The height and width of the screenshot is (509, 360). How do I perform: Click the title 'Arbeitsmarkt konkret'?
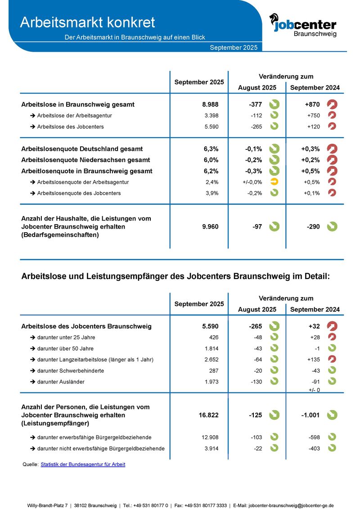(x=88, y=22)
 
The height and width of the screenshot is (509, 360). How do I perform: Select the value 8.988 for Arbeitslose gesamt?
(x=210, y=104)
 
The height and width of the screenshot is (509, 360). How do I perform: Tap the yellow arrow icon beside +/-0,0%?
(x=274, y=182)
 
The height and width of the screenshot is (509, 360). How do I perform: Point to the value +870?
(x=313, y=104)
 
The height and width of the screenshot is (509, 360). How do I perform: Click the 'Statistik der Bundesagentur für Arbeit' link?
(x=83, y=464)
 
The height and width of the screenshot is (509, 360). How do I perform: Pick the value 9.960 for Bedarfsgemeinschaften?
(x=210, y=227)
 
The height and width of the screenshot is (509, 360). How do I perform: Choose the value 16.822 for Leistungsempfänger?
(x=208, y=415)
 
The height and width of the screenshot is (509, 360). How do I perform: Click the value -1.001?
(x=310, y=415)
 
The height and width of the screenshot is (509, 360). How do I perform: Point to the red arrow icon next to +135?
(x=332, y=359)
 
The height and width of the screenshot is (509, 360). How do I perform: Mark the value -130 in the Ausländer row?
(x=256, y=382)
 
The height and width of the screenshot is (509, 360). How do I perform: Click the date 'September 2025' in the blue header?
(x=234, y=48)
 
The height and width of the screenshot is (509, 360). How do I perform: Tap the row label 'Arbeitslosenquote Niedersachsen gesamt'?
(x=86, y=160)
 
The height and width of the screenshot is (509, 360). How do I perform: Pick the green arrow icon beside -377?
(x=274, y=104)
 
